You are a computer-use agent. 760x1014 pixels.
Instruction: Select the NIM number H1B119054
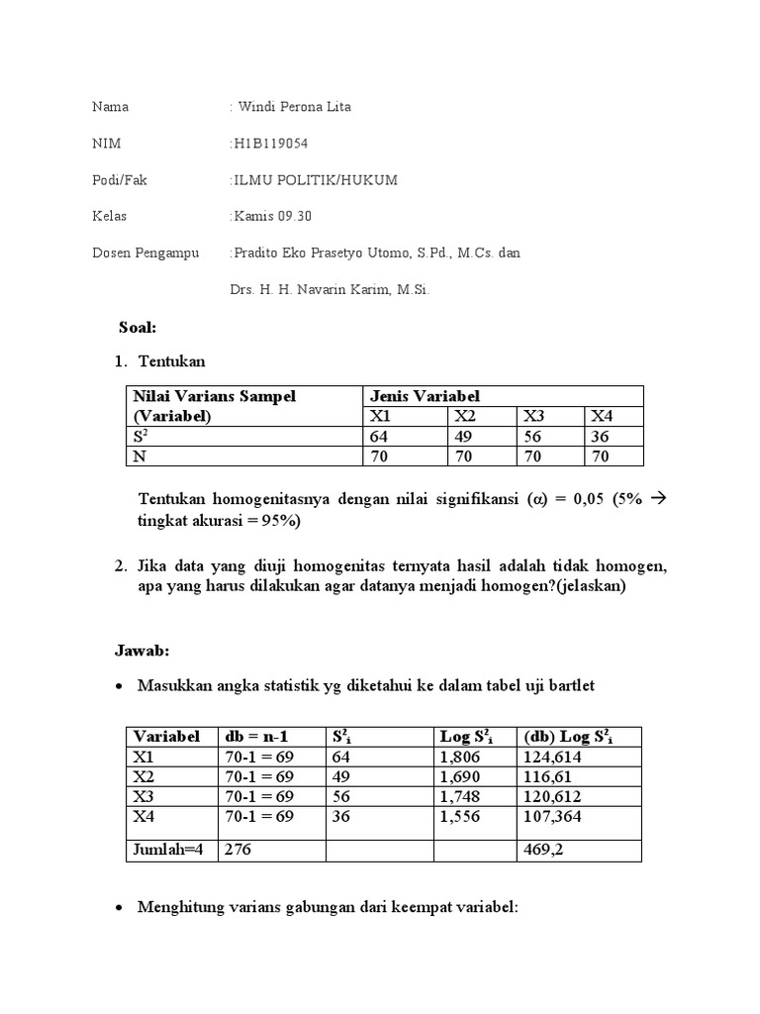point(270,143)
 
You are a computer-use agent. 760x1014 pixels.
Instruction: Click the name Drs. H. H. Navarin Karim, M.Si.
point(323,289)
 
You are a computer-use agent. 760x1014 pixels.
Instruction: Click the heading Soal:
point(139,327)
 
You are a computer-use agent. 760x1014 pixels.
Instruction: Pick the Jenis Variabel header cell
point(425,396)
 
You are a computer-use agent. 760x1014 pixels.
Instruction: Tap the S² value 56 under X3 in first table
point(534,436)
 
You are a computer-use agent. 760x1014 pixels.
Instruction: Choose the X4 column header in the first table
point(602,416)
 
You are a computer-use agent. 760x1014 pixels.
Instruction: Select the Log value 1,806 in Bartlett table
point(458,756)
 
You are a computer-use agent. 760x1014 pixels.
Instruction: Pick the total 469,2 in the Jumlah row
point(537,849)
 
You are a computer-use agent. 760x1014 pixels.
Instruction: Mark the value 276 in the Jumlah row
point(239,849)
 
